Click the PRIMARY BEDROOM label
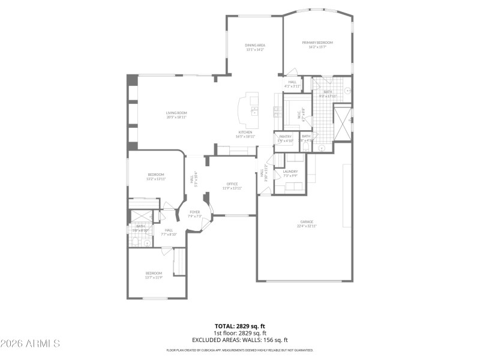click(x=317, y=43)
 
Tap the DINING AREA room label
click(x=255, y=45)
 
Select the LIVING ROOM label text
click(x=176, y=113)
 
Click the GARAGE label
click(x=307, y=221)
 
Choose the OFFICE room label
click(x=232, y=184)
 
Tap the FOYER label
click(x=194, y=212)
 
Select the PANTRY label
click(x=285, y=137)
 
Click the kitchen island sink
click(x=254, y=111)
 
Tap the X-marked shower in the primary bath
click(x=342, y=122)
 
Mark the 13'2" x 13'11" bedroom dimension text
click(x=156, y=179)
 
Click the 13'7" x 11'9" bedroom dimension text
click(x=154, y=277)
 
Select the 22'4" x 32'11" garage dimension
click(x=307, y=226)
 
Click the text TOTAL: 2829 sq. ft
click(x=240, y=326)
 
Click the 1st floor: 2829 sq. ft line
click(x=240, y=333)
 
